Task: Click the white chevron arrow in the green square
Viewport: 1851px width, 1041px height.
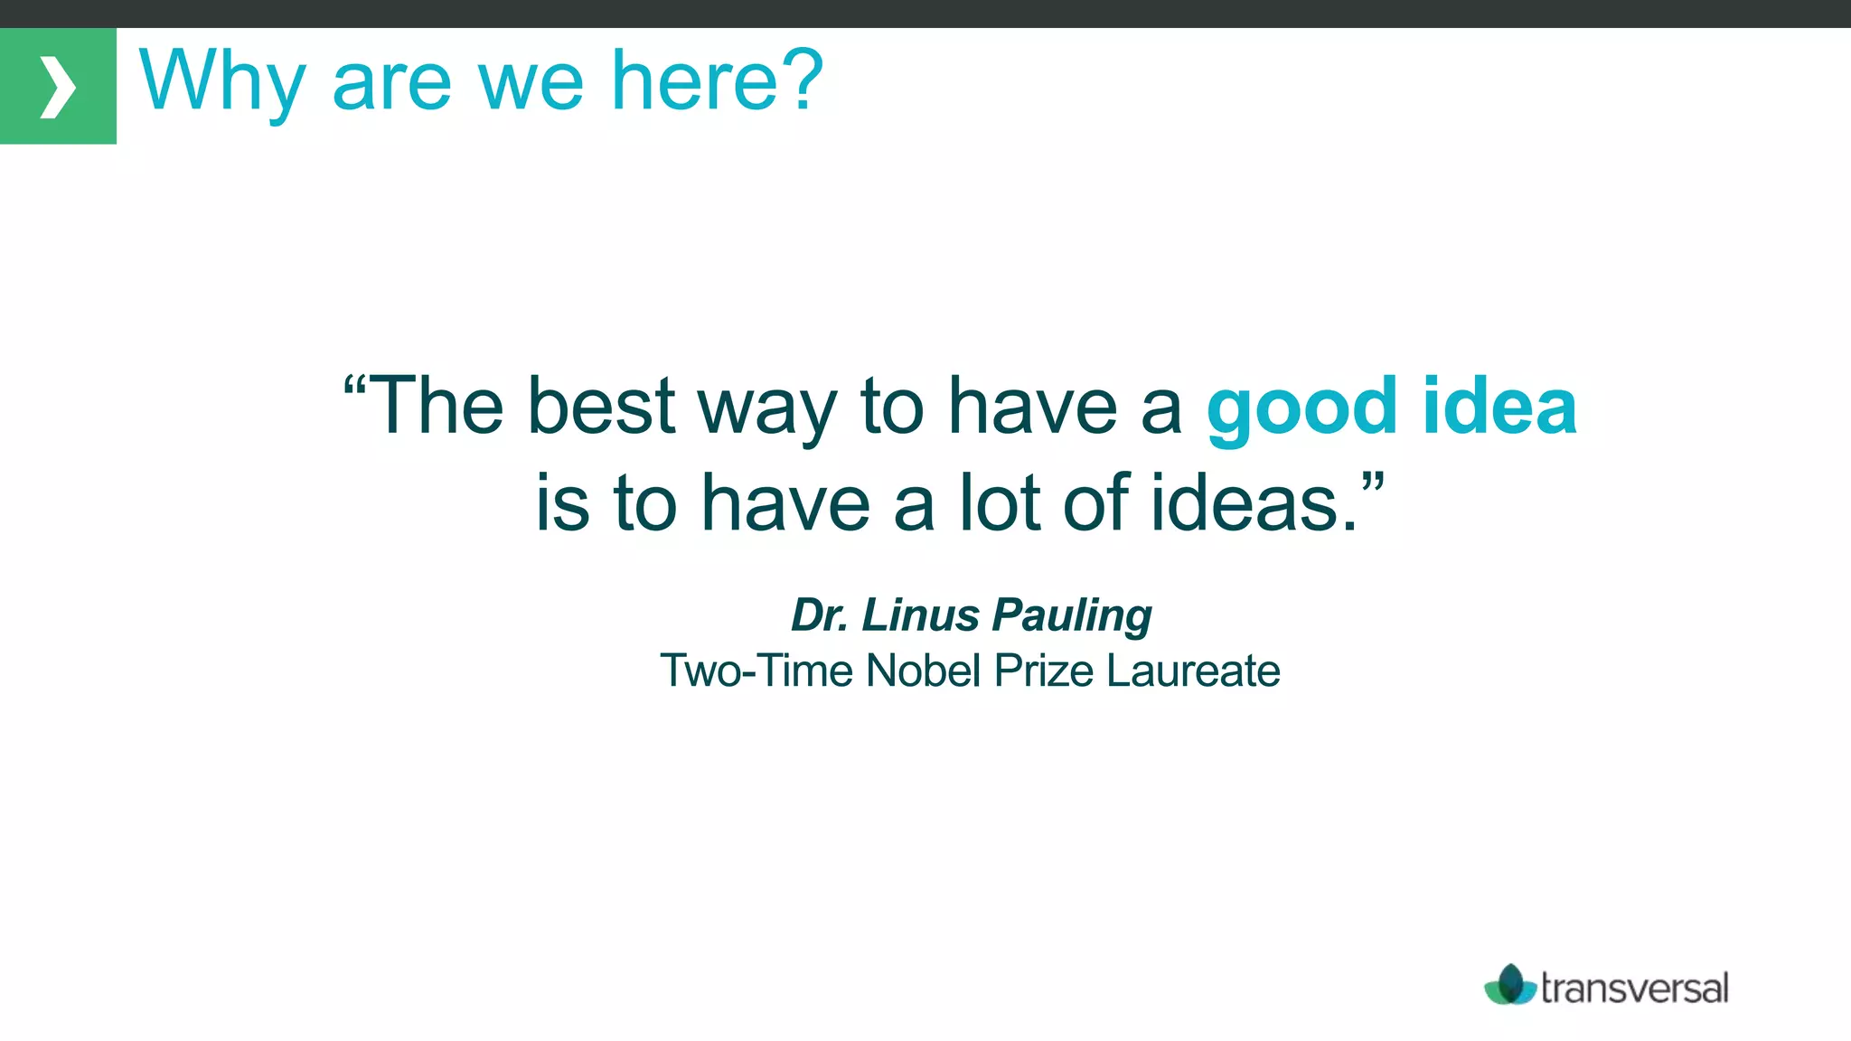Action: pyautogui.click(x=57, y=87)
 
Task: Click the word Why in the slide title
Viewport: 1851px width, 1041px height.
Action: pyautogui.click(x=221, y=81)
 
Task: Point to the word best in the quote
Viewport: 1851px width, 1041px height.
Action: pyautogui.click(x=601, y=407)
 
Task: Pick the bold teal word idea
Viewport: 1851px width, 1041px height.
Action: pyautogui.click(x=1499, y=407)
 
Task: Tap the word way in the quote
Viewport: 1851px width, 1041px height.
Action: pyautogui.click(x=766, y=411)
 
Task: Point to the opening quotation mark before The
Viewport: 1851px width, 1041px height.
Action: pyautogui.click(x=354, y=387)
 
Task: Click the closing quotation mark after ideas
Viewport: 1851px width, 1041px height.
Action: pyautogui.click(x=1373, y=483)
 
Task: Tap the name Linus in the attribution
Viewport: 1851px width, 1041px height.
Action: pyautogui.click(x=920, y=615)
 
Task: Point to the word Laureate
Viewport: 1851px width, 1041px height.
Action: pyautogui.click(x=1193, y=671)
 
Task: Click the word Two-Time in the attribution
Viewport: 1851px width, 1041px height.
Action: pyautogui.click(x=756, y=671)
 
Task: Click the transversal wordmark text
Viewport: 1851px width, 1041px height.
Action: pyautogui.click(x=1634, y=988)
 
